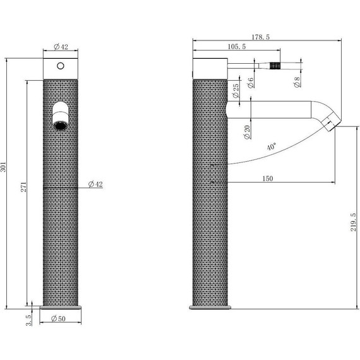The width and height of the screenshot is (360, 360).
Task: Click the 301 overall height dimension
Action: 3,167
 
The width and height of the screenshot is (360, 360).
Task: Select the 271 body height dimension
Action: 23,187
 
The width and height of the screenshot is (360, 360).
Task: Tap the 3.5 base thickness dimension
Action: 28,320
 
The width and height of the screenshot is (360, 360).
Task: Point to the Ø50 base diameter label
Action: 58,319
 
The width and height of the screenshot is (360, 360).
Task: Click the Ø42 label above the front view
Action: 61,47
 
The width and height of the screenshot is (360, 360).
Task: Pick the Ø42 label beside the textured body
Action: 95,184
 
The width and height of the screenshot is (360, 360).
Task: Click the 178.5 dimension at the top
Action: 261,37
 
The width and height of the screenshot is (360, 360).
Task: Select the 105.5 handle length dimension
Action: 237,47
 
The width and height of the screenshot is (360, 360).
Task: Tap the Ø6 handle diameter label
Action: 251,83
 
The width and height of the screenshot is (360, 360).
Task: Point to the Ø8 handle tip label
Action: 297,82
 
